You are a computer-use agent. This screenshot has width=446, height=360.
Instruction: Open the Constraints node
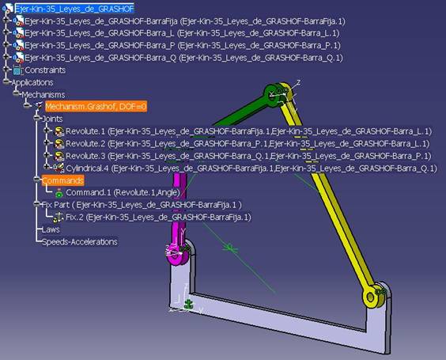point(44,70)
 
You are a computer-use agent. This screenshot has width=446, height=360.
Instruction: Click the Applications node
point(32,82)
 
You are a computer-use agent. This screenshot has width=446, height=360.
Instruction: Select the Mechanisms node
point(43,94)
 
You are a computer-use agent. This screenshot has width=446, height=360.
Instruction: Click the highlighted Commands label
point(62,180)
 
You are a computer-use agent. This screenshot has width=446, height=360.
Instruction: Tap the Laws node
point(51,229)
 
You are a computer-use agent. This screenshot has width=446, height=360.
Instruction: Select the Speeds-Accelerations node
point(79,241)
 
